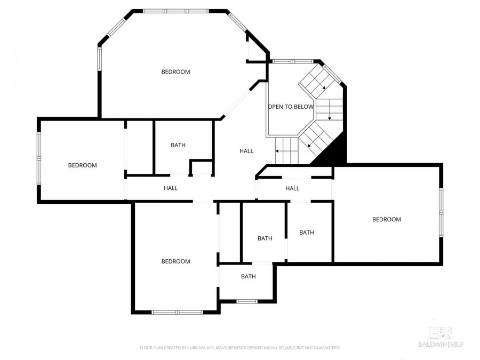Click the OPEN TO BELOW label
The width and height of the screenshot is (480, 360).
coord(290,107)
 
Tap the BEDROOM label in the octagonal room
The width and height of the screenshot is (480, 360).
coord(175,72)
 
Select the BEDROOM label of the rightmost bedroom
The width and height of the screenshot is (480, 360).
coord(386,220)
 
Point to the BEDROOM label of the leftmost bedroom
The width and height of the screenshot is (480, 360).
coord(83,165)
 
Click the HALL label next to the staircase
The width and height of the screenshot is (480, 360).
coord(246,151)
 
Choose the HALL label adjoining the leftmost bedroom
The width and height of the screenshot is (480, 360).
coord(171,188)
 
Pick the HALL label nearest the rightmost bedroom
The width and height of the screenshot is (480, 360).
coord(292,188)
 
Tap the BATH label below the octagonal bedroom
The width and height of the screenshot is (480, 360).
coord(178,145)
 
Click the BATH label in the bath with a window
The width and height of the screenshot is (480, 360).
coord(248,276)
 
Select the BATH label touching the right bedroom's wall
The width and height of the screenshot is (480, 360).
coord(306,233)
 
